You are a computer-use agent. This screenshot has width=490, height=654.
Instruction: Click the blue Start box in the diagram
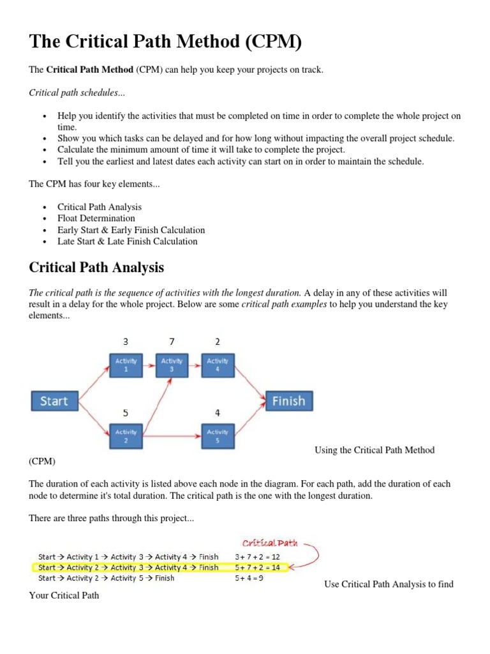tap(54, 401)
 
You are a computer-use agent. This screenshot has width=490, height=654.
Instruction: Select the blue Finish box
tap(288, 401)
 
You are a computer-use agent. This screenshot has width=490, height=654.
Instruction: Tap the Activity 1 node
tap(126, 365)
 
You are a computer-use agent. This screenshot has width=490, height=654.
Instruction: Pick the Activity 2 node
tap(126, 436)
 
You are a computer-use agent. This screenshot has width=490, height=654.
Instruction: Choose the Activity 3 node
tap(171, 365)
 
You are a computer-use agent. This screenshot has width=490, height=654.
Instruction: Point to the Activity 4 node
tap(217, 365)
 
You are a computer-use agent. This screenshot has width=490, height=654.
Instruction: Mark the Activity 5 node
tap(217, 436)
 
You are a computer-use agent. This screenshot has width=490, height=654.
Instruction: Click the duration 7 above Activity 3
tap(171, 342)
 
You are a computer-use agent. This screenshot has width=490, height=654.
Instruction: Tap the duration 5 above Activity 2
tap(126, 413)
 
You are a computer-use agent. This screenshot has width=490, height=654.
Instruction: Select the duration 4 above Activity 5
tap(217, 413)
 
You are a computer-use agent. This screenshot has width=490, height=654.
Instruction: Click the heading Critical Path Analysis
tap(96, 267)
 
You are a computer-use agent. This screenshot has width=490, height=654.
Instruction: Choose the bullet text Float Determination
tap(96, 218)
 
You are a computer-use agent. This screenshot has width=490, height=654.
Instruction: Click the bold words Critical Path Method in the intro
tap(90, 69)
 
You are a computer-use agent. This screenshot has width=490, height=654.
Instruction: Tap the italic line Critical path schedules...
tap(77, 93)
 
